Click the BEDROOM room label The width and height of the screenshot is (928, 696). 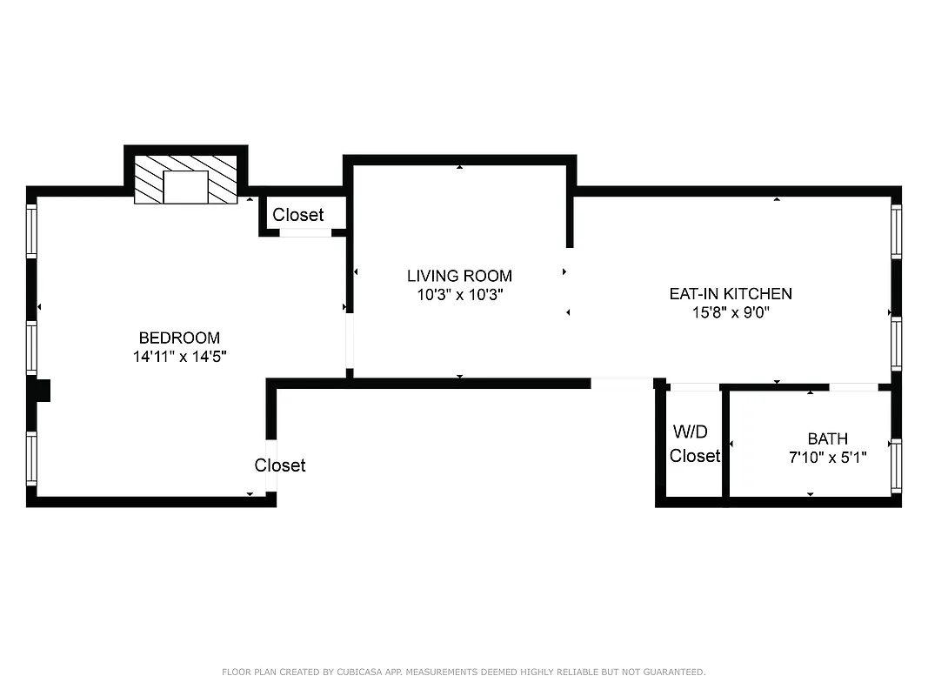tap(179, 338)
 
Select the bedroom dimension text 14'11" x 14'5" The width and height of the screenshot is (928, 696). tap(179, 356)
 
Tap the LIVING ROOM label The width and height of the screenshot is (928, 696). tap(459, 276)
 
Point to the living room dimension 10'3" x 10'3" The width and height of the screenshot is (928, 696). tap(459, 295)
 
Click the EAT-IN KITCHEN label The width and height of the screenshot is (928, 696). tap(731, 294)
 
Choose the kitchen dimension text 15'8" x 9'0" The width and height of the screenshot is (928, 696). tap(731, 312)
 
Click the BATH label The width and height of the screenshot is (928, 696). tap(827, 438)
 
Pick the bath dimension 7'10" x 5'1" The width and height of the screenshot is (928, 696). tap(827, 457)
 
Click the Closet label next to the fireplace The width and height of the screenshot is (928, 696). tap(297, 215)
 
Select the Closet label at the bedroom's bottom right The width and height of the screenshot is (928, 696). tap(280, 465)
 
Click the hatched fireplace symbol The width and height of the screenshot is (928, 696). tap(186, 180)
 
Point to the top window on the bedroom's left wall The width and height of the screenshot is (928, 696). tap(32, 231)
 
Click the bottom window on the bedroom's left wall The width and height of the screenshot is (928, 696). tap(32, 458)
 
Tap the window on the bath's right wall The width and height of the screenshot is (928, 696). tap(896, 467)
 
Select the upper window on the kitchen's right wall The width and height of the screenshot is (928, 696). tap(896, 231)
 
